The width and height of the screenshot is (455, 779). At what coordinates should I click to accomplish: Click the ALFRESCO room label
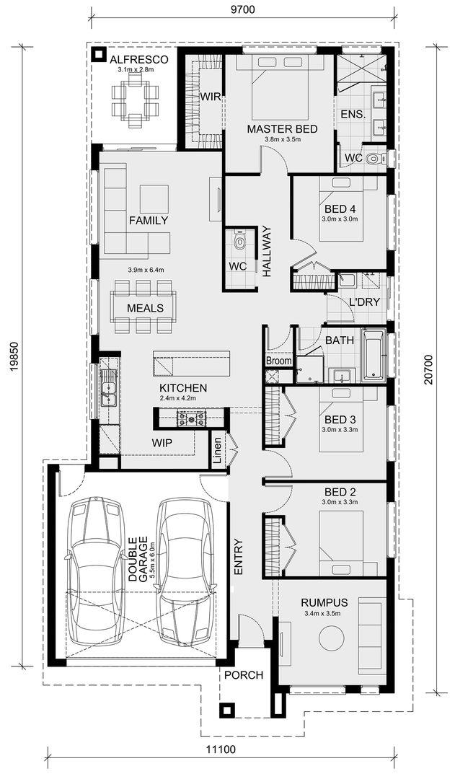pyautogui.click(x=139, y=60)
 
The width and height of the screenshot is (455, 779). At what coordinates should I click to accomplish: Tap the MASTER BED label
pyautogui.click(x=282, y=129)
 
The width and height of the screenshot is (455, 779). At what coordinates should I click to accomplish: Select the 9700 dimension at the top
pyautogui.click(x=242, y=9)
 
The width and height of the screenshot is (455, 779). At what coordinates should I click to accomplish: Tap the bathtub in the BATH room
pyautogui.click(x=374, y=354)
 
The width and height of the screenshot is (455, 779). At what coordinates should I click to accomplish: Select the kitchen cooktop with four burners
pyautogui.click(x=191, y=418)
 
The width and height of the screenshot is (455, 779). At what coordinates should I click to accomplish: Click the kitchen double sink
pyautogui.click(x=107, y=387)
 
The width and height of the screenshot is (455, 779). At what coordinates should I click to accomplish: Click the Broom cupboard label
pyautogui.click(x=279, y=361)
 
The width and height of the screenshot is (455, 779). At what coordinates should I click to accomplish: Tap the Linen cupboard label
pyautogui.click(x=218, y=451)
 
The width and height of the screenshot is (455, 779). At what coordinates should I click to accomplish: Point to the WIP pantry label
pyautogui.click(x=162, y=443)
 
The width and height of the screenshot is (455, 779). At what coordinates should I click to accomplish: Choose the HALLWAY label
pyautogui.click(x=268, y=252)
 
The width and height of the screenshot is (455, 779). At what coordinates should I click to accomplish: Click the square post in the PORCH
pyautogui.click(x=228, y=710)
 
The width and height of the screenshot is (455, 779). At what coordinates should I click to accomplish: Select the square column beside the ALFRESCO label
pyautogui.click(x=100, y=54)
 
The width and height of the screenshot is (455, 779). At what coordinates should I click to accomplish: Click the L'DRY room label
pyautogui.click(x=364, y=302)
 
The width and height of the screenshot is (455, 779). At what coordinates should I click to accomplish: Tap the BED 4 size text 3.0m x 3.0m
pyautogui.click(x=340, y=218)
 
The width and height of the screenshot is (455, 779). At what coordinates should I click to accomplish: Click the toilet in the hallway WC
pyautogui.click(x=240, y=240)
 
